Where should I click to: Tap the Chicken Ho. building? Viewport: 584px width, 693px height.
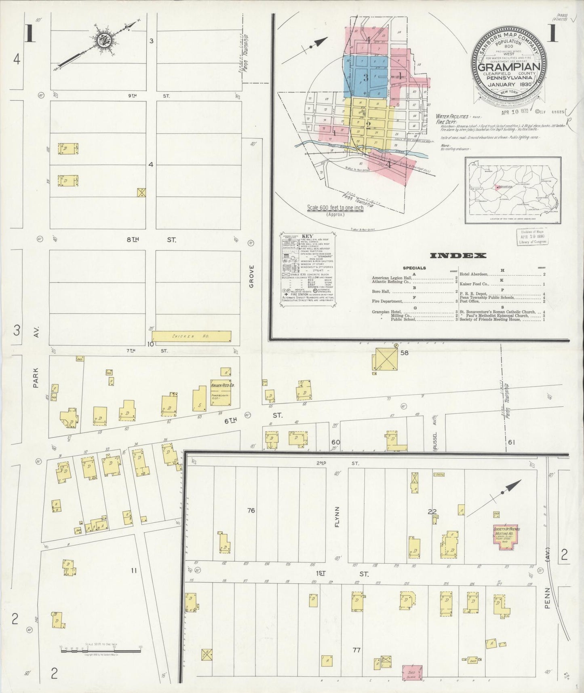tap(192, 336)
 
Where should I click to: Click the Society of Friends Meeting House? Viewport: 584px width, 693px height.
tap(507, 537)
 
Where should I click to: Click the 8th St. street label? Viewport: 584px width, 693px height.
tap(151, 240)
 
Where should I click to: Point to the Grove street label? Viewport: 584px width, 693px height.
tap(251, 276)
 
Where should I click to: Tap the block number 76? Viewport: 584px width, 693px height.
tap(251, 511)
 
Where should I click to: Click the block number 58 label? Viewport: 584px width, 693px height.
tap(404, 353)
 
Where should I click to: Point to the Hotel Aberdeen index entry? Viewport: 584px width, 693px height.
tap(501, 275)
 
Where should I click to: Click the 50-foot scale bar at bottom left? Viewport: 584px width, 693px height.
tap(100, 661)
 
